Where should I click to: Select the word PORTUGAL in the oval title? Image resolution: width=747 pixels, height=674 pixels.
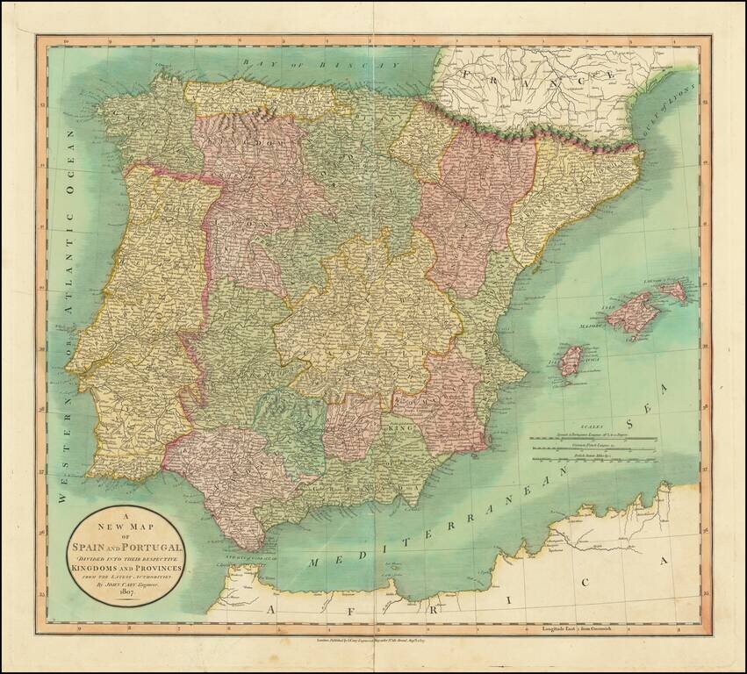(x=150, y=549)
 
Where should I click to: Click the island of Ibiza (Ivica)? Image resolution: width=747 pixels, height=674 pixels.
(x=571, y=359)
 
